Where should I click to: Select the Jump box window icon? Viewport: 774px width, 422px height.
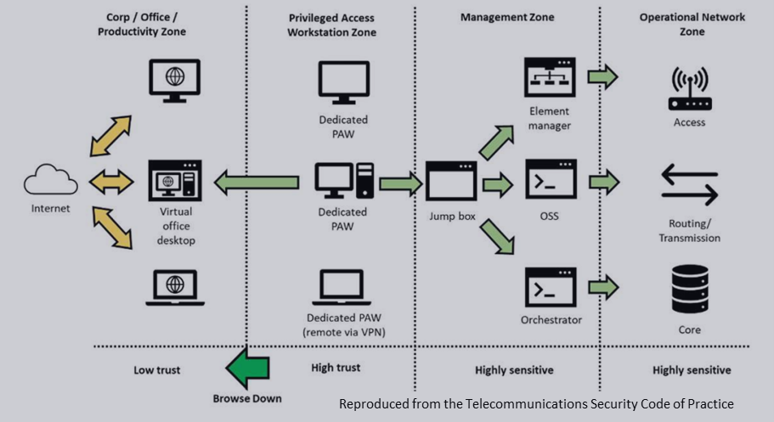click(451, 181)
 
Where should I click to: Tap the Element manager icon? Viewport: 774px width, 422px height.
click(549, 78)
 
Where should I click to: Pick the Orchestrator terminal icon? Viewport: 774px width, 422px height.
click(550, 288)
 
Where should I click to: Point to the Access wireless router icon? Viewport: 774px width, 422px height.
click(689, 89)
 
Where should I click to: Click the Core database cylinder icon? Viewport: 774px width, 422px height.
click(689, 289)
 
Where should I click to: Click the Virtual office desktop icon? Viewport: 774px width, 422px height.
click(175, 180)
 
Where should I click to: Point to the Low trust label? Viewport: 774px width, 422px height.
click(157, 370)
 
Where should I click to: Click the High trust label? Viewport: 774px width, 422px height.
click(336, 368)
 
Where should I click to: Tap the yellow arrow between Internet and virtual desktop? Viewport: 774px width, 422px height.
click(111, 181)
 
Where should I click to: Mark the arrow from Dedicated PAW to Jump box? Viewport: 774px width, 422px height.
click(400, 182)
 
